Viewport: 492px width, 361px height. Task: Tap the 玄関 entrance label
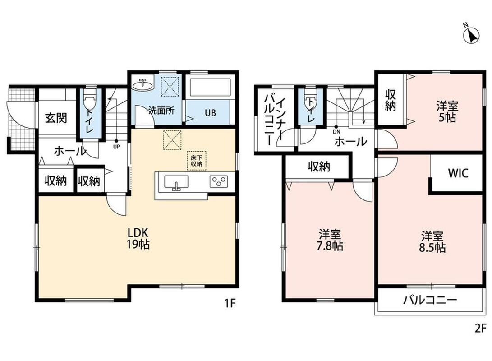click(56, 118)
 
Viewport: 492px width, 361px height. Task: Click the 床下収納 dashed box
click(197, 161)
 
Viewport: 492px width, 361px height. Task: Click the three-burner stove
click(219, 181)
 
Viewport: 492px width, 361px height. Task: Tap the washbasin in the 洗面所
click(143, 84)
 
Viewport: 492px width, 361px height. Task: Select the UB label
click(210, 113)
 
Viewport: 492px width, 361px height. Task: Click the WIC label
click(458, 173)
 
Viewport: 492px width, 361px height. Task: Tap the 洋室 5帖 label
click(447, 112)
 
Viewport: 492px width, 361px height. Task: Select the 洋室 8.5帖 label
click(432, 241)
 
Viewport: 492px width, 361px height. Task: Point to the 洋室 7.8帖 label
click(330, 240)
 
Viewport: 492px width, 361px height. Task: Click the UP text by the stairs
click(116, 146)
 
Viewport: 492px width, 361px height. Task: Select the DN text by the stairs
click(336, 132)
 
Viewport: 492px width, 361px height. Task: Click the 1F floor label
click(230, 304)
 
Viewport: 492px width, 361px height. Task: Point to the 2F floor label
click(480, 329)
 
